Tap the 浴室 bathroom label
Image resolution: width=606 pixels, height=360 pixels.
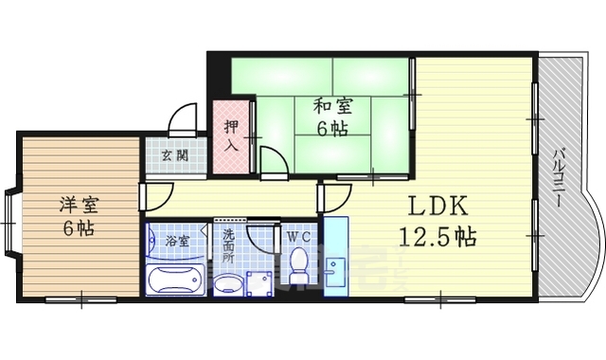pos(177,240)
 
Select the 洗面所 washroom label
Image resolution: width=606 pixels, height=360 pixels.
pos(228,243)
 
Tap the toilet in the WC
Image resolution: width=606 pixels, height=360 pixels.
pos(299,266)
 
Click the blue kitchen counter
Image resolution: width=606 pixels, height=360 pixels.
pos(335,257)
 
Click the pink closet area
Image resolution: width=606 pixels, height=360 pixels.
pos(230,137)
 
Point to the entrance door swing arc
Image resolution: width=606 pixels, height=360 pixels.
pos(182,121)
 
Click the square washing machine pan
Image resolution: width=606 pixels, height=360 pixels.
pos(258,282)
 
